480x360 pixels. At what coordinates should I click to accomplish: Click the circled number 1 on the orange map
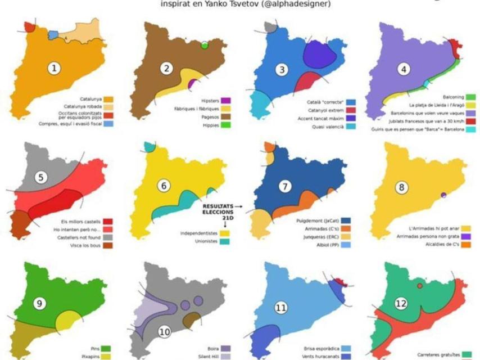(55, 69)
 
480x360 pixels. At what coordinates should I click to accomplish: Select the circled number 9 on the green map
(40, 304)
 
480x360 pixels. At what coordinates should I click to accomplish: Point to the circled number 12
(401, 304)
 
